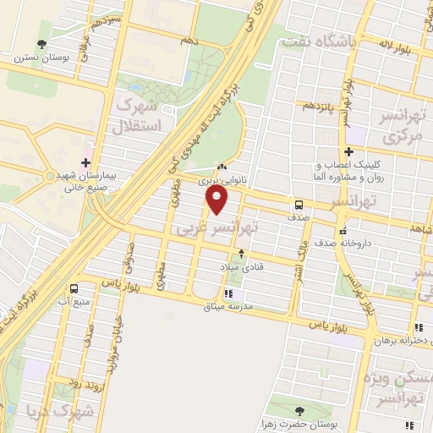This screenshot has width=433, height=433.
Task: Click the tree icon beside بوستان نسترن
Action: tap(41, 46)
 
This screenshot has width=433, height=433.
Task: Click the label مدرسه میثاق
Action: tap(227, 305)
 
